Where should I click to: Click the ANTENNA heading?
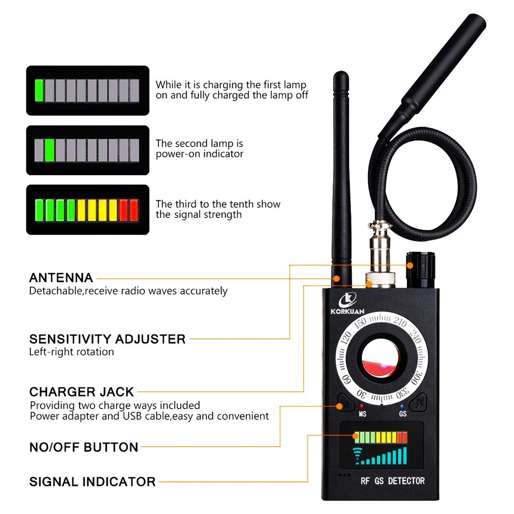61,278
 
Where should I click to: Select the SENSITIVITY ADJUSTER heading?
107,339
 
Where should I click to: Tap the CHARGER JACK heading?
82,392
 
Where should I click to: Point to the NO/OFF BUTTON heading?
84,447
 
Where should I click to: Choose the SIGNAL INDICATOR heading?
92,482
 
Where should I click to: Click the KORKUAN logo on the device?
347,304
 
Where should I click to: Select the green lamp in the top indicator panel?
39,90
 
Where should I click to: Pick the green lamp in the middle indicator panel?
49,150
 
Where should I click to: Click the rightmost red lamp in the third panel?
134,210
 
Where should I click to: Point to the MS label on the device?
362,414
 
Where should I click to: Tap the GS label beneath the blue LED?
403,414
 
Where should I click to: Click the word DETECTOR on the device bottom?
406,481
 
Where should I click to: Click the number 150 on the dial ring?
360,322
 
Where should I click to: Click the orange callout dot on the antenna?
337,279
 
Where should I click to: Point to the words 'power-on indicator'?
199,154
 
